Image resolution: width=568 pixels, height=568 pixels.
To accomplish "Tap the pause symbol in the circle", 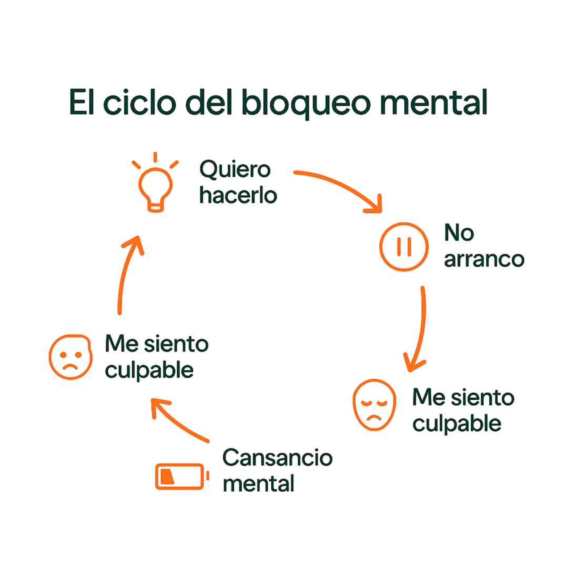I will pos(404,247).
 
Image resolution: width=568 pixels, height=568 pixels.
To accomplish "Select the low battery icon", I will pos(181,476).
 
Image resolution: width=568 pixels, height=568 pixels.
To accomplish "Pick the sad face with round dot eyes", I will pos(69,356).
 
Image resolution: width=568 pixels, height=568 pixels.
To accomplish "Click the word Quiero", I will pos(235,170).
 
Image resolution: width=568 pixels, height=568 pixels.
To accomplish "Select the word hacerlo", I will pos(238,196).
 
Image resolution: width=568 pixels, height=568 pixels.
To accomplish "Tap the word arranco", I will pos(484,260).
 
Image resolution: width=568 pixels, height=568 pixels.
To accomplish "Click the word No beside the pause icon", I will pos(459,233).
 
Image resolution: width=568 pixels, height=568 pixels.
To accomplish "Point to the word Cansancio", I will pos(277,458).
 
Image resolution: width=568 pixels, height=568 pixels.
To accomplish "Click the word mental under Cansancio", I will pos(258,483).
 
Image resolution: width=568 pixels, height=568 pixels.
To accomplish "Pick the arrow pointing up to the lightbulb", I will pos(126,273).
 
